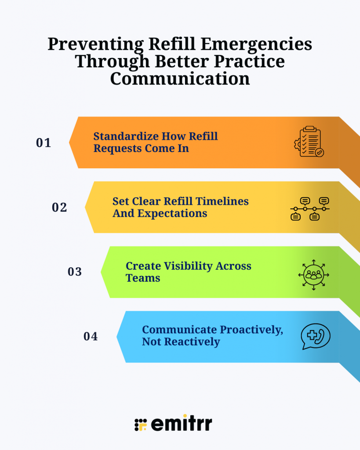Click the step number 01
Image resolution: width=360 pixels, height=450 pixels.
(x=44, y=143)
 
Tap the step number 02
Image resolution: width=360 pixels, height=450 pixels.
(x=59, y=207)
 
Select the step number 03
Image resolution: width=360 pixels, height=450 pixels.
(x=75, y=272)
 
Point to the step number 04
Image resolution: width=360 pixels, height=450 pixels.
(x=91, y=337)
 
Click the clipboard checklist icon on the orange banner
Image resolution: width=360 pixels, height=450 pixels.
(x=309, y=142)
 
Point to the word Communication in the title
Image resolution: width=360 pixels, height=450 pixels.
(x=180, y=79)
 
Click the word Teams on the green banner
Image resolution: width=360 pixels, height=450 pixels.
(x=143, y=278)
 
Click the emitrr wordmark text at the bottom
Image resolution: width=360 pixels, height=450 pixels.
(x=182, y=424)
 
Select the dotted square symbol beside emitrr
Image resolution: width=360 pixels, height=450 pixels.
(x=140, y=425)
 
